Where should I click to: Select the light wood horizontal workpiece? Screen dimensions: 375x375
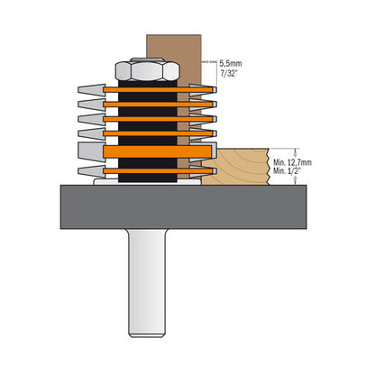tap(236, 167)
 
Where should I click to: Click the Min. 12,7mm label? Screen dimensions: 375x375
tap(297, 160)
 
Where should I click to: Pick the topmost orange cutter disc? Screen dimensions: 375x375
tap(149, 89)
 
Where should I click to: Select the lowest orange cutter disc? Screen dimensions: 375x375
tap(149, 170)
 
